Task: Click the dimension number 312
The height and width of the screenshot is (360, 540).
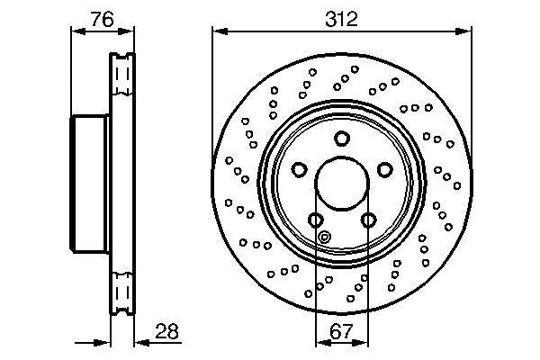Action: pyautogui.click(x=341, y=18)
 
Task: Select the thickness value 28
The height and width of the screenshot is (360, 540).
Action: pyautogui.click(x=166, y=330)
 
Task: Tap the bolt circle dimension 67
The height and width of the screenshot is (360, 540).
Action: pyautogui.click(x=341, y=330)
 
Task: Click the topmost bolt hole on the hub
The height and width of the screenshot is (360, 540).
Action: pyautogui.click(x=341, y=139)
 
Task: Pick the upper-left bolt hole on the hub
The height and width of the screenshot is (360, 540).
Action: pyautogui.click(x=299, y=170)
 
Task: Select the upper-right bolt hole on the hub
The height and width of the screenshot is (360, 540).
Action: pyautogui.click(x=384, y=170)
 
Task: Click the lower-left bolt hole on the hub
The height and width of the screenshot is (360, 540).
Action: pyautogui.click(x=315, y=220)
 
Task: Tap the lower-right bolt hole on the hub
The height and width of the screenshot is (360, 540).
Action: pyautogui.click(x=367, y=220)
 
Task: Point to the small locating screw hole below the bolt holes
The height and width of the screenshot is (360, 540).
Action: pyautogui.click(x=326, y=238)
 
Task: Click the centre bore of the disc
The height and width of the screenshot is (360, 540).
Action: pyautogui.click(x=341, y=184)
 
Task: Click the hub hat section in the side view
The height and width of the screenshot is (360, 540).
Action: pyautogui.click(x=90, y=184)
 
